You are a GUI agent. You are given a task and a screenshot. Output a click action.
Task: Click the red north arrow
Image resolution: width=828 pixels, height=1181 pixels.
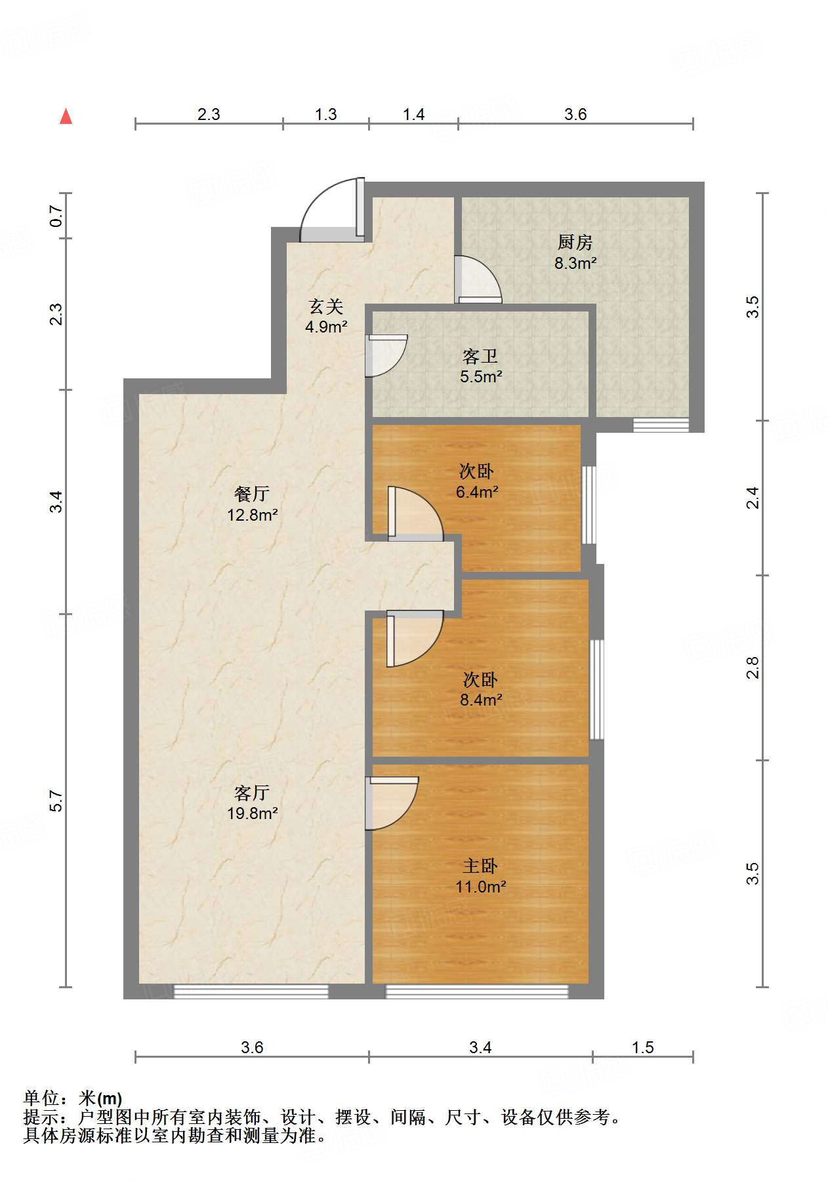click(66, 116)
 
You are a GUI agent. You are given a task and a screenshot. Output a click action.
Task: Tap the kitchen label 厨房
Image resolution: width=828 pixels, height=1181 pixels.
click(575, 242)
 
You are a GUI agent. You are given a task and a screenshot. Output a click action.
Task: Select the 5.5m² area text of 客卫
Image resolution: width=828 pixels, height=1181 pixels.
click(481, 376)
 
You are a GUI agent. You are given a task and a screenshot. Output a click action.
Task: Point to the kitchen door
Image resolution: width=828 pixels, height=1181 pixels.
click(478, 279)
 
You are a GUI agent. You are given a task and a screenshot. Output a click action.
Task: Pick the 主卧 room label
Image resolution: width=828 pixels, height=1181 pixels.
click(480, 866)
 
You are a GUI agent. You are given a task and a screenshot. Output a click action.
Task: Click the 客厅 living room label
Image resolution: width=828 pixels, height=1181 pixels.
click(252, 793)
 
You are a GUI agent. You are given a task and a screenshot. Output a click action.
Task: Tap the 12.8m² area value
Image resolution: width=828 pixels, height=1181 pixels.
click(253, 515)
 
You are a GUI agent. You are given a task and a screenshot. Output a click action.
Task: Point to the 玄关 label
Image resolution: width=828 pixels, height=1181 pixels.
click(326, 306)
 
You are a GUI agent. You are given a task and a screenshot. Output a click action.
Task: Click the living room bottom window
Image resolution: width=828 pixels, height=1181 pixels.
click(251, 991)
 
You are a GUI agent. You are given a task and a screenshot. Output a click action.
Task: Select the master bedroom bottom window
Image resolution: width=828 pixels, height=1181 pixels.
click(476, 991)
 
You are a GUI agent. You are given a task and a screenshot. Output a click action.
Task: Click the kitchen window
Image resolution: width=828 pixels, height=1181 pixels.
click(661, 424)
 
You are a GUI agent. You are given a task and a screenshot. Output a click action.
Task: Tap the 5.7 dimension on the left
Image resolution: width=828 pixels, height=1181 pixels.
click(56, 801)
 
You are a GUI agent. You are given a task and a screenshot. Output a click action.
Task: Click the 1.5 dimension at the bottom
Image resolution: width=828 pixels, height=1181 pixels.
click(643, 1047)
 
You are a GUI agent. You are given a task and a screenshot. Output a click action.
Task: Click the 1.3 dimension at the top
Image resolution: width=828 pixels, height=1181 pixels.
click(325, 114)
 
